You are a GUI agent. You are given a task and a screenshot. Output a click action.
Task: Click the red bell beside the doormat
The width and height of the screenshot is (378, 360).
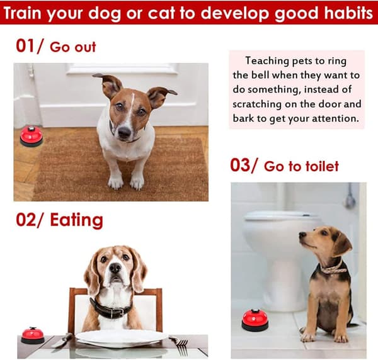31,136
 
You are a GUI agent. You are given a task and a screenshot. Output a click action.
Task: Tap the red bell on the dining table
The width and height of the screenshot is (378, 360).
33,335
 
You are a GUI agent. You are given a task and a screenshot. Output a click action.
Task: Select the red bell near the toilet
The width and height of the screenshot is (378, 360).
255,320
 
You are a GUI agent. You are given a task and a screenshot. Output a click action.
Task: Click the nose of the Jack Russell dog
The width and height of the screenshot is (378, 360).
125,132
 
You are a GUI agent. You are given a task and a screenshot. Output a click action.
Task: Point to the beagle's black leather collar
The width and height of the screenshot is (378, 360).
110,309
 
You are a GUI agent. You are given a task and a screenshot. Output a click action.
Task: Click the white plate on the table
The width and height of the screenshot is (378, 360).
121,338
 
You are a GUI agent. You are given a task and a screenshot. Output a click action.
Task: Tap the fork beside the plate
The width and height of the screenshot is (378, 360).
180,344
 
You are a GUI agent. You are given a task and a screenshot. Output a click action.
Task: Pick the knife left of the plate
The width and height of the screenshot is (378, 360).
62,340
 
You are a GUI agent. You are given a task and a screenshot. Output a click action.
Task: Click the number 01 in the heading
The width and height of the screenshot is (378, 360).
25,46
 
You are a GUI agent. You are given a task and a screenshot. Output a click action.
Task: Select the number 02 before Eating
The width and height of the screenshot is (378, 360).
26,220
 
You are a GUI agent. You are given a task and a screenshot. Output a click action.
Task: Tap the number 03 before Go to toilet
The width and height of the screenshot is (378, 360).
241,165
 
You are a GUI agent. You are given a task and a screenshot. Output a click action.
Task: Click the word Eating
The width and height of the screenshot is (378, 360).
76,220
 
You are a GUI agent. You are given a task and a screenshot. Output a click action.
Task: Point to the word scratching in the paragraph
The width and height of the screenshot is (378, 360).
257,104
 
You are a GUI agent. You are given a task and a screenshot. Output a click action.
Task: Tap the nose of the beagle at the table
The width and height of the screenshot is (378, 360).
115,267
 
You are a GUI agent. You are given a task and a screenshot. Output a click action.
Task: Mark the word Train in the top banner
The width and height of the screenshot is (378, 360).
23,13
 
